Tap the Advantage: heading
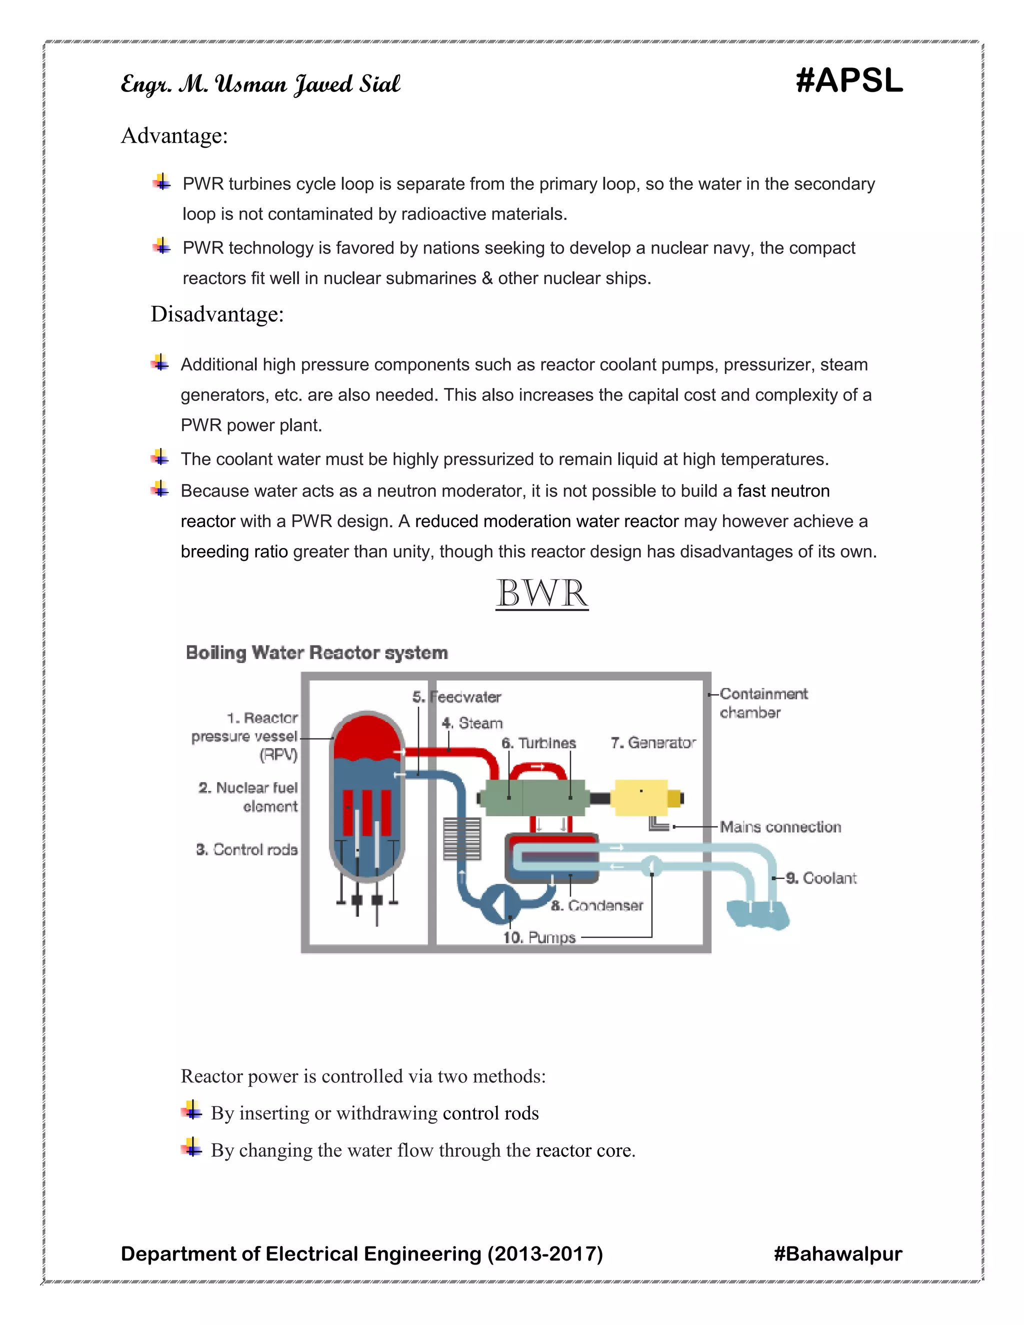click(174, 135)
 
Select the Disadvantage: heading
click(217, 314)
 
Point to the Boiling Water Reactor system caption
click(316, 653)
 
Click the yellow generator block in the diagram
click(640, 798)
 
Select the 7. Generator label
click(652, 742)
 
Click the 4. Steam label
click(472, 723)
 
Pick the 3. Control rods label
click(247, 849)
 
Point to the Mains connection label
click(780, 827)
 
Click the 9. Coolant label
click(821, 878)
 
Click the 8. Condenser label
click(597, 906)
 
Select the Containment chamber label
click(763, 702)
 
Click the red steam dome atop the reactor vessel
click(367, 736)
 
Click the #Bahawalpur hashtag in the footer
click(838, 1253)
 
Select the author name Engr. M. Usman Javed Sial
click(261, 83)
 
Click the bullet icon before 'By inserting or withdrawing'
click(191, 1111)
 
